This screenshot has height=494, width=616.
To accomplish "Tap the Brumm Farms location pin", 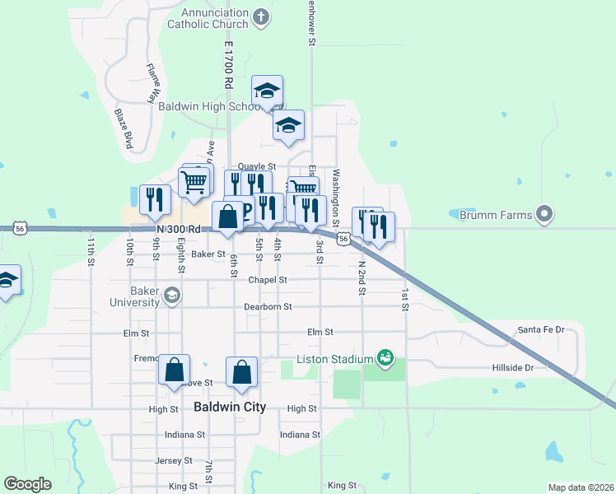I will click(544, 215).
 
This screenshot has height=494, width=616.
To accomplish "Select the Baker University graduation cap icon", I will click(171, 296).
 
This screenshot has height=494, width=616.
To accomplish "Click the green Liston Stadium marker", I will click(384, 357).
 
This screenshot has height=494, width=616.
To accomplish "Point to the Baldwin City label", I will click(229, 407).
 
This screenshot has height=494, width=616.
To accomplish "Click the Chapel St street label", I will click(268, 280).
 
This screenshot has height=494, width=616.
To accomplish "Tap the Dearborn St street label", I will click(268, 306).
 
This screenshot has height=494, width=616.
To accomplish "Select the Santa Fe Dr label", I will click(540, 330).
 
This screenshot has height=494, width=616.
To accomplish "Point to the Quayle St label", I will click(256, 166).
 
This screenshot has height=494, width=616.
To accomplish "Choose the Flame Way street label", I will click(151, 82).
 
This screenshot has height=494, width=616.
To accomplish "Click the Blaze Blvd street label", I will click(124, 129).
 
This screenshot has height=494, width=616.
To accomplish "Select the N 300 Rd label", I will click(179, 229).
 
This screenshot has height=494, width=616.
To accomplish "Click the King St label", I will click(341, 486).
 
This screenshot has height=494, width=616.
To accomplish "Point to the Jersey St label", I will click(174, 460).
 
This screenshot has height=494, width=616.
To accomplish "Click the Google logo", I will click(27, 484).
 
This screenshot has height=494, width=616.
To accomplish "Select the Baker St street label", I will click(208, 254).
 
